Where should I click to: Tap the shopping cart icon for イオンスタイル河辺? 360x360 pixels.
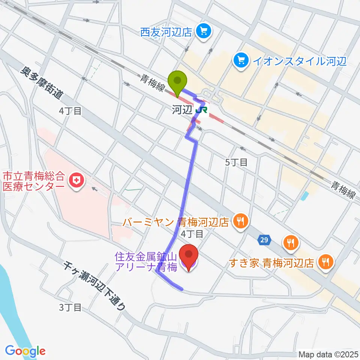pyautogui.click(x=240, y=60)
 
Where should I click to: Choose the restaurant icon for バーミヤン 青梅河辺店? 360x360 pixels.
pyautogui.click(x=239, y=221)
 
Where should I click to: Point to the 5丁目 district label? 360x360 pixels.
pyautogui.click(x=236, y=162)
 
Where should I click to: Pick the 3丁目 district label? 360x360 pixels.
pyautogui.click(x=70, y=307)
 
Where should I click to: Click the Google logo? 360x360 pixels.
pyautogui.click(x=25, y=351)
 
